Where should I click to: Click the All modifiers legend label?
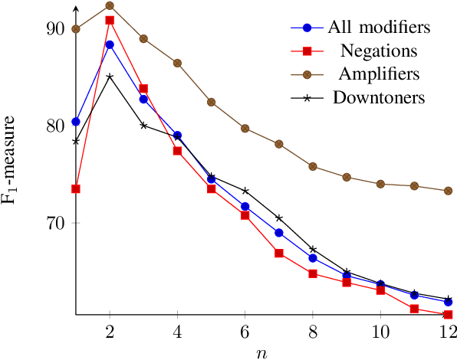pos(378,28)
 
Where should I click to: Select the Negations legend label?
pos(378,51)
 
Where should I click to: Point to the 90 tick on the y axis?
pos(57,29)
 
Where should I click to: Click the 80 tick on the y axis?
pos(57,126)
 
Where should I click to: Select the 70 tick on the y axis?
pos(57,223)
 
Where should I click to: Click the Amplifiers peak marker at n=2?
pos(110,5)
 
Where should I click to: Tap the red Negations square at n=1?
pos(76,188)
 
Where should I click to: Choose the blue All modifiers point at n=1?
pos(76,122)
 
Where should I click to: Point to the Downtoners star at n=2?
pos(110,77)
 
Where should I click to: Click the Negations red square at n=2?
pos(110,20)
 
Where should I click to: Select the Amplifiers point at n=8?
pos(313,166)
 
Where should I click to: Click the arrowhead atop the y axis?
pos(76,8)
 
